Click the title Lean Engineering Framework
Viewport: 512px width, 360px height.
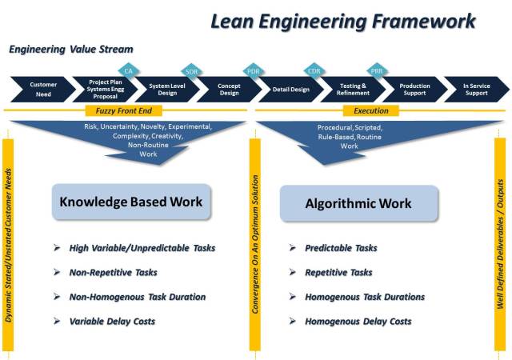point(342,20)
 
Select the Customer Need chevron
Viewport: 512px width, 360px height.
point(43,88)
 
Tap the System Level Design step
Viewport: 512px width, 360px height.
point(167,88)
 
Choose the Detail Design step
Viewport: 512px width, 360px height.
point(290,88)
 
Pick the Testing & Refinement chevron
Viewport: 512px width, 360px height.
point(353,88)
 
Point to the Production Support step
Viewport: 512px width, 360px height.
point(414,88)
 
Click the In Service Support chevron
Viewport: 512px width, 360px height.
point(476,88)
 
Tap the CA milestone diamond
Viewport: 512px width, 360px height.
point(128,70)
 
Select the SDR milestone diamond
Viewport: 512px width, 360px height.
point(190,70)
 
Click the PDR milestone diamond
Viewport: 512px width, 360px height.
point(253,70)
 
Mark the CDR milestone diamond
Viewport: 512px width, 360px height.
point(314,70)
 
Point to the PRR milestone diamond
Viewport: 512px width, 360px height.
point(377,70)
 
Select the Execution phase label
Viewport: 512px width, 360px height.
point(371,111)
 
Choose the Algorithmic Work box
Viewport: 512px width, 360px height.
point(359,203)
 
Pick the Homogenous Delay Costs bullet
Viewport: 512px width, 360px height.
point(358,321)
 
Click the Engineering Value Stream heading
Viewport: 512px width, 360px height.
point(60,50)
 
